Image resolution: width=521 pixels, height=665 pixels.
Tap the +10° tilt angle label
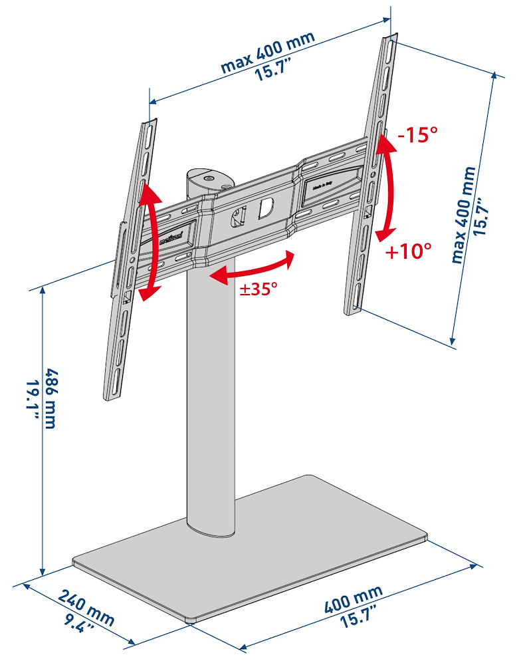pyautogui.click(x=407, y=251)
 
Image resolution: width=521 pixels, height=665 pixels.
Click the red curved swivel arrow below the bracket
pyautogui.click(x=251, y=267)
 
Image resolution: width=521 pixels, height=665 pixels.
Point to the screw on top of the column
pyautogui.click(x=210, y=178)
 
